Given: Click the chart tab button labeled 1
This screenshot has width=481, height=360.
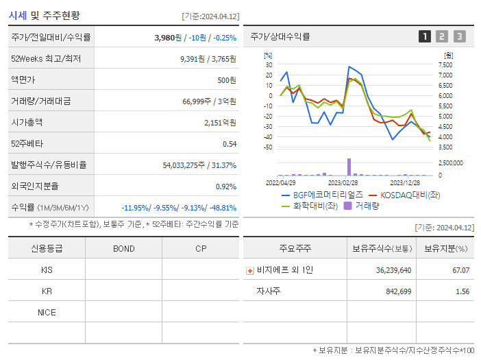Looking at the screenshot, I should (425, 36).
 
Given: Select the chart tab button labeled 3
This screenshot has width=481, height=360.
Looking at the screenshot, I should (459, 36).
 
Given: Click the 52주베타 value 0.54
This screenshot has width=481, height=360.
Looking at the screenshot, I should (229, 143).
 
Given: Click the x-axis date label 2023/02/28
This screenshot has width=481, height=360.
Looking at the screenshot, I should (343, 183).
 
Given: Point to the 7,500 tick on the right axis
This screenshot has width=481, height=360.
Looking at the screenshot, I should (445, 64).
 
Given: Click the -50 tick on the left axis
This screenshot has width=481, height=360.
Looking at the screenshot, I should (268, 147).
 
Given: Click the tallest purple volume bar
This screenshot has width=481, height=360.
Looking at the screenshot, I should (349, 167).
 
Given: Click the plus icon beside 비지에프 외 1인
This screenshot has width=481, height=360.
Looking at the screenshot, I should (249, 270).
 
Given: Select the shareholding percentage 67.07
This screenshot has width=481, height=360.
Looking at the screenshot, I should (460, 270).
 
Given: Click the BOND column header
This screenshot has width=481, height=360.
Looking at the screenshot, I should (123, 248).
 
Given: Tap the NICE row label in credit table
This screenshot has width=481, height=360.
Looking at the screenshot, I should (47, 312).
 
